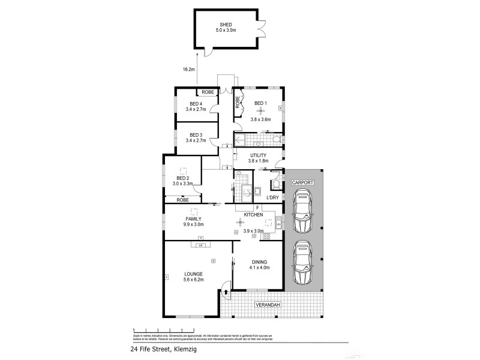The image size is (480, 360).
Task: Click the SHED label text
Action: (x=226, y=25)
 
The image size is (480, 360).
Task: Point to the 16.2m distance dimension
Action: (x=189, y=70)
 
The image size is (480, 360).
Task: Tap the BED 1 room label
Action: (x=260, y=103)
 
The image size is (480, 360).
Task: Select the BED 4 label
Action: (x=197, y=104)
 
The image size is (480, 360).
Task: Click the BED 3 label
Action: (x=197, y=134)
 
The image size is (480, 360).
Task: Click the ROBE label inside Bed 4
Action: (x=208, y=92)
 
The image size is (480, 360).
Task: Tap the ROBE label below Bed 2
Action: (x=183, y=199)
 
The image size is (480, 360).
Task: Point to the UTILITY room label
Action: (x=258, y=155)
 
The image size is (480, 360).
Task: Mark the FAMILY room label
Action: (x=193, y=218)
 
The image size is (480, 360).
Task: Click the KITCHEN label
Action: (x=254, y=214)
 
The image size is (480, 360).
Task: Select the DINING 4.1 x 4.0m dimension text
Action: (x=259, y=267)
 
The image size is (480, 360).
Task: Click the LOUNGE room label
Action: (x=193, y=274)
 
